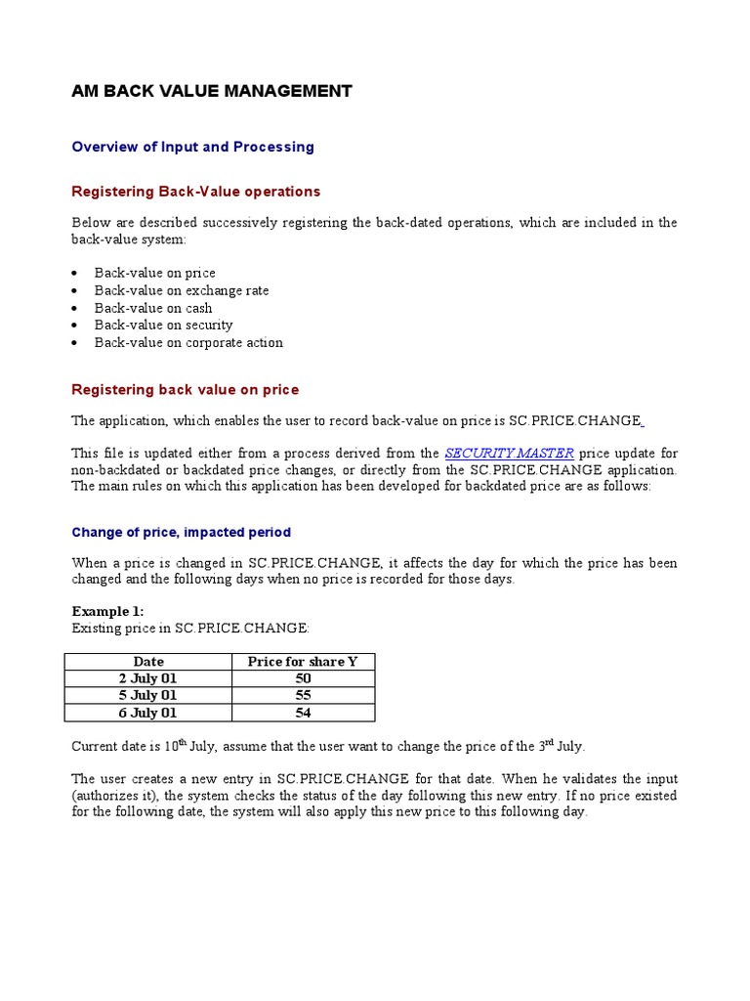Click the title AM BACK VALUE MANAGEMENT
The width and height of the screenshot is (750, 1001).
[x=212, y=92]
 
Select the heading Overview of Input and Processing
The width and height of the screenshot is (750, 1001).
[x=193, y=147]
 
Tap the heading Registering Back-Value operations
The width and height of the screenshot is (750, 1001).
[x=196, y=192]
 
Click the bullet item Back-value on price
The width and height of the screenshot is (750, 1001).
[x=154, y=273]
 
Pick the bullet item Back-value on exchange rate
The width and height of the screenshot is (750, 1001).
[x=181, y=290]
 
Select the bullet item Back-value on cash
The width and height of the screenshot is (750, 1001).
[x=153, y=308]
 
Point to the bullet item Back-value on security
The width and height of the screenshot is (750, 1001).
[x=163, y=325]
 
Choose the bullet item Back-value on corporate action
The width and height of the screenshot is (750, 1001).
[x=188, y=342]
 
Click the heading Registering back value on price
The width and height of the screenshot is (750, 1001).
[x=186, y=390]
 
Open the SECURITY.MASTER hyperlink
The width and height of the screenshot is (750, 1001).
[x=509, y=454]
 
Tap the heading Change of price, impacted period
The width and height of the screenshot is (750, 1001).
[x=182, y=533]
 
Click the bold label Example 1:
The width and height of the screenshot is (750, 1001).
[x=107, y=611]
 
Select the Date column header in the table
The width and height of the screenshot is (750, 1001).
[x=148, y=662]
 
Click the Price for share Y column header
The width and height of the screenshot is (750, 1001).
[x=303, y=662]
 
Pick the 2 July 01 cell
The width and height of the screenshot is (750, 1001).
[x=148, y=678]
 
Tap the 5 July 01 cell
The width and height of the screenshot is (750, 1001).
[x=148, y=696]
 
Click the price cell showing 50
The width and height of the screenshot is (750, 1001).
[x=303, y=678]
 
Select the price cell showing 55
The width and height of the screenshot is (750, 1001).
[x=303, y=696]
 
